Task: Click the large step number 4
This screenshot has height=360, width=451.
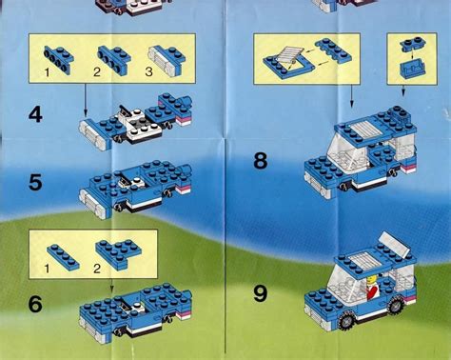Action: point(35,114)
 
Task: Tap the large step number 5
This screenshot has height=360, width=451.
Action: point(35,183)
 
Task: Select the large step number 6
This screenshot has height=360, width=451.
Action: point(35,304)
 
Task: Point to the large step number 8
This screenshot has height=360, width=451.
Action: point(261,161)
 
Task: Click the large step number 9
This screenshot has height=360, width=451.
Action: point(261,293)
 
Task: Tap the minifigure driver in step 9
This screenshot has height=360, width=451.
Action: point(372,288)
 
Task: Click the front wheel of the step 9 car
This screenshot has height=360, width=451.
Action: point(348,321)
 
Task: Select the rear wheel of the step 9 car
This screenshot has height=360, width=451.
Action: point(395,305)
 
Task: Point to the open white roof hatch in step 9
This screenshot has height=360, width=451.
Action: point(395,244)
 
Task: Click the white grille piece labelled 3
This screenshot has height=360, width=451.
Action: point(161,61)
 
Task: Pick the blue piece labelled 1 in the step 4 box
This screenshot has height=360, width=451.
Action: point(59,58)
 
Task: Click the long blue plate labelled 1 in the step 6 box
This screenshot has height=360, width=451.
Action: point(63,257)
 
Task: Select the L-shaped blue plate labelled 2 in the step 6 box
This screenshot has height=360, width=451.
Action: point(119,254)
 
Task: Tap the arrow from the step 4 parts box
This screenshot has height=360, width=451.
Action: point(86,99)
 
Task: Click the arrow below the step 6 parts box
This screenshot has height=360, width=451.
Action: point(111,286)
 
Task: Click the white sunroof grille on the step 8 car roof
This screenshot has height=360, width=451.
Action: point(365,130)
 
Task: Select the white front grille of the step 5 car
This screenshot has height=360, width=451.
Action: point(94,204)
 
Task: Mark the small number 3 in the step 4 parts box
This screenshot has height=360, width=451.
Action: point(148,71)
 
